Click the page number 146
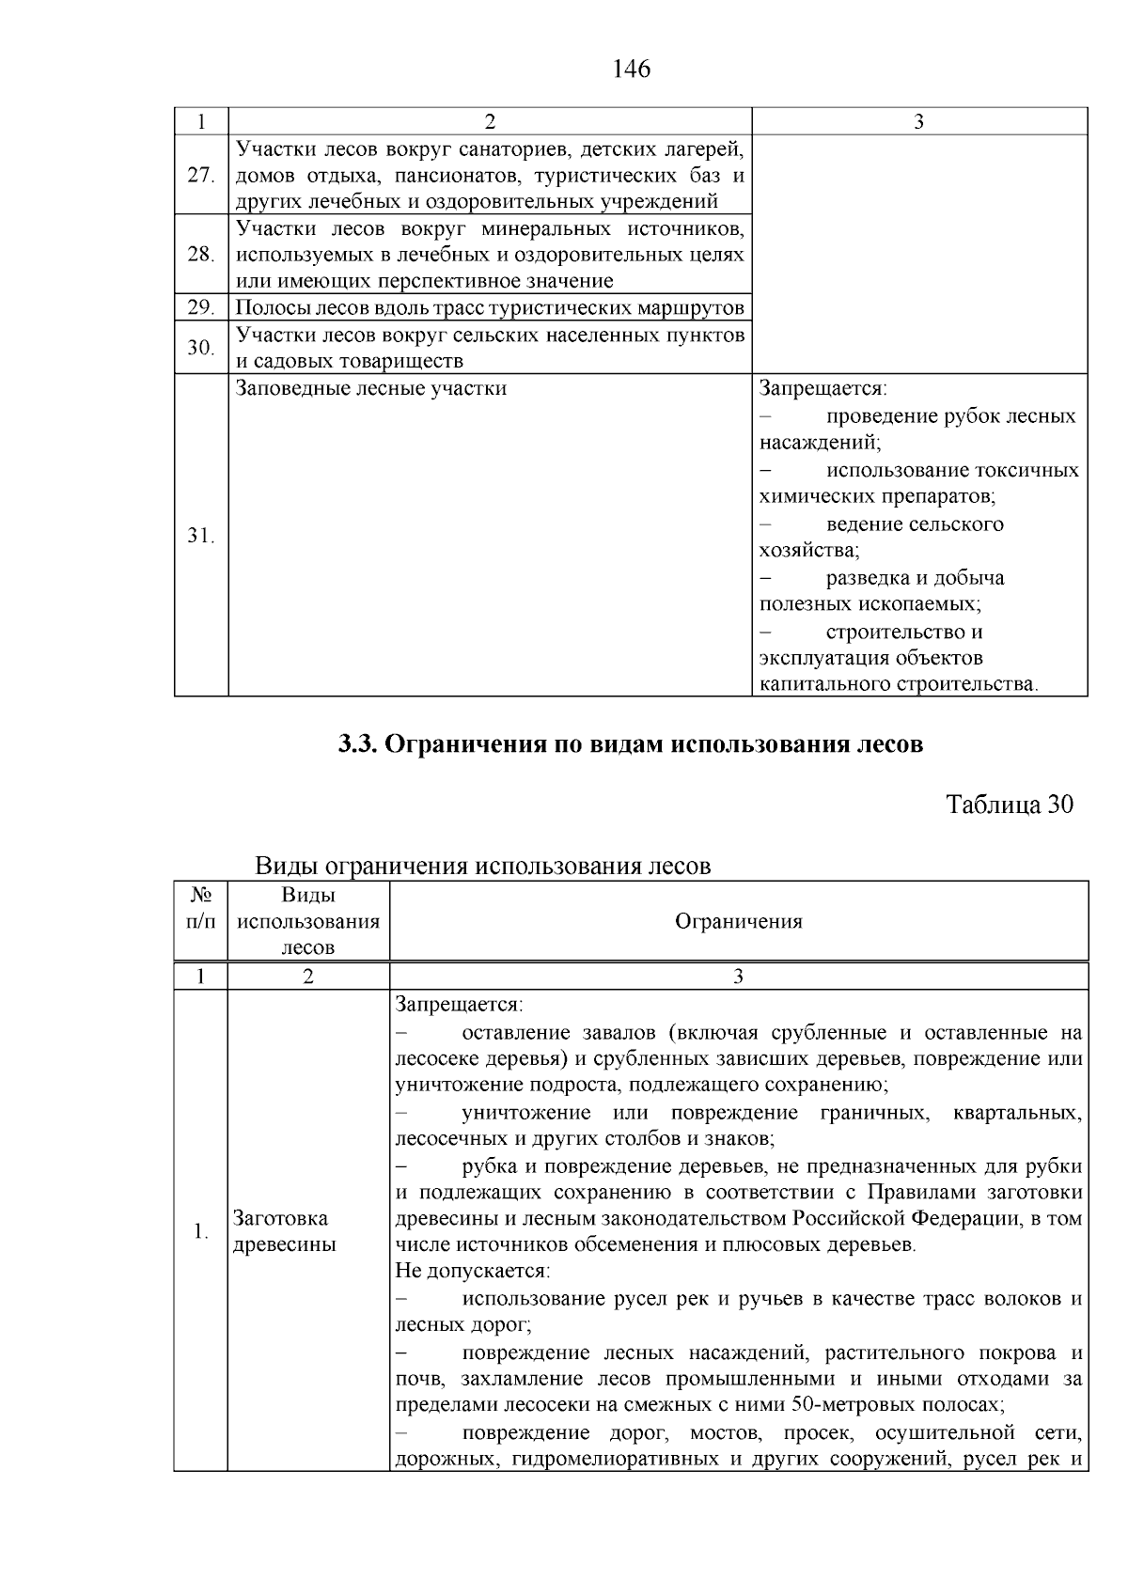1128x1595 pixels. point(631,69)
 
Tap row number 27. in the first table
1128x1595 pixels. point(201,175)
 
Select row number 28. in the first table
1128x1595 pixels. point(201,254)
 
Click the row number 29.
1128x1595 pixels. point(201,307)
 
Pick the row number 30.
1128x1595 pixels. point(201,348)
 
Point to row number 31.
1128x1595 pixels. point(201,536)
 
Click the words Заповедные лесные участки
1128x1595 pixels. point(370,388)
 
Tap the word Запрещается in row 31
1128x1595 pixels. point(822,388)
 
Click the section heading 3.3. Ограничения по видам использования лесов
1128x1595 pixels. point(631,744)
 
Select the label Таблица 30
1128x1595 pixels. point(1009,805)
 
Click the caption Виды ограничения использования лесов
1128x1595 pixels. point(483,866)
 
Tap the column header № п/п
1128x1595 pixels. point(200,908)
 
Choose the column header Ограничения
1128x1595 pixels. point(739,921)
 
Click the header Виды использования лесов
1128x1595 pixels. point(308,921)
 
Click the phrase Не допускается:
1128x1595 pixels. point(473,1271)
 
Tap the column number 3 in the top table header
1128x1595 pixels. point(918,121)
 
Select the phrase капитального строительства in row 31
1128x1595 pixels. point(897,684)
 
